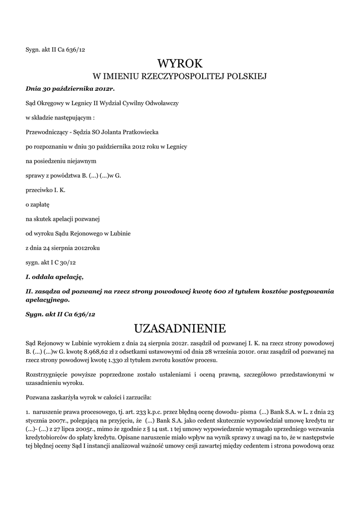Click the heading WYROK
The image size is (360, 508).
[x=180, y=63]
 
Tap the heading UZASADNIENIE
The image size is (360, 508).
[x=180, y=328]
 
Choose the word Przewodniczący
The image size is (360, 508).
[x=47, y=132]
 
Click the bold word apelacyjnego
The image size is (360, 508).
[x=47, y=300]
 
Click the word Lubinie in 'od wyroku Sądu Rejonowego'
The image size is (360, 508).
[x=119, y=233]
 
